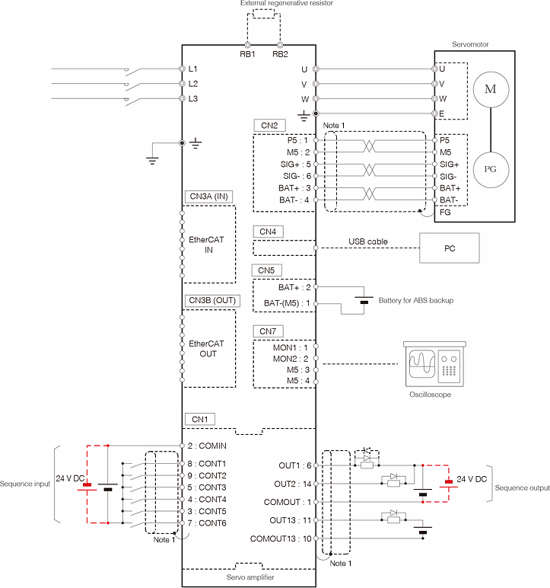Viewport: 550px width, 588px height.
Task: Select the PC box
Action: pyautogui.click(x=450, y=248)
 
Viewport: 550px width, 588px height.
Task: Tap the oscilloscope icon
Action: pyautogui.click(x=434, y=364)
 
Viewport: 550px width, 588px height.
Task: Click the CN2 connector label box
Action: pyautogui.click(x=269, y=125)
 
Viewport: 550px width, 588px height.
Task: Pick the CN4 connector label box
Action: pyautogui.click(x=268, y=232)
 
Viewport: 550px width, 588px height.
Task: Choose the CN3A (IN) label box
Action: pyautogui.click(x=208, y=197)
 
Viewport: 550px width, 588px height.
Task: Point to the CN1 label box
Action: pyautogui.click(x=200, y=419)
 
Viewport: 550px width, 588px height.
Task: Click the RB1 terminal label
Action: pyautogui.click(x=247, y=54)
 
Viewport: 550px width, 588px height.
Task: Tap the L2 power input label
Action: pyautogui.click(x=193, y=84)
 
